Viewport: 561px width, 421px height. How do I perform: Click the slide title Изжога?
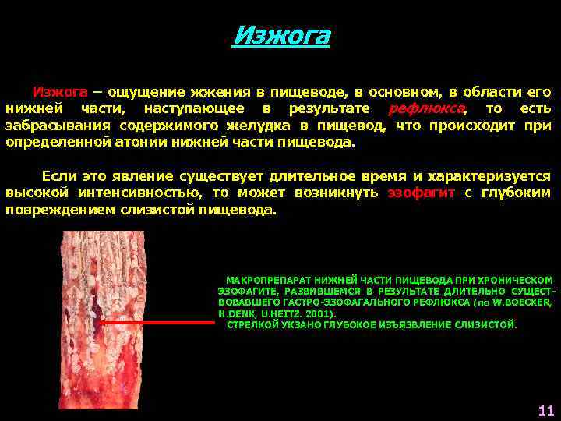point(281,36)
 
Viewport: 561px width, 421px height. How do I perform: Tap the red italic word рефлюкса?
point(427,108)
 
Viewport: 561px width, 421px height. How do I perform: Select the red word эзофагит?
point(421,193)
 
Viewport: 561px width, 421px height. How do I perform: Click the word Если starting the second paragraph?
point(58,175)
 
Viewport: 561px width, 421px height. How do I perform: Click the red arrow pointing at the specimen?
point(155,321)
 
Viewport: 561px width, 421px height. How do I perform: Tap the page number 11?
point(545,410)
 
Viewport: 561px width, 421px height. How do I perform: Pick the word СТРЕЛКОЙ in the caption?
point(252,324)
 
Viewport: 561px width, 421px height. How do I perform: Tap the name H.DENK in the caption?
point(235,313)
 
